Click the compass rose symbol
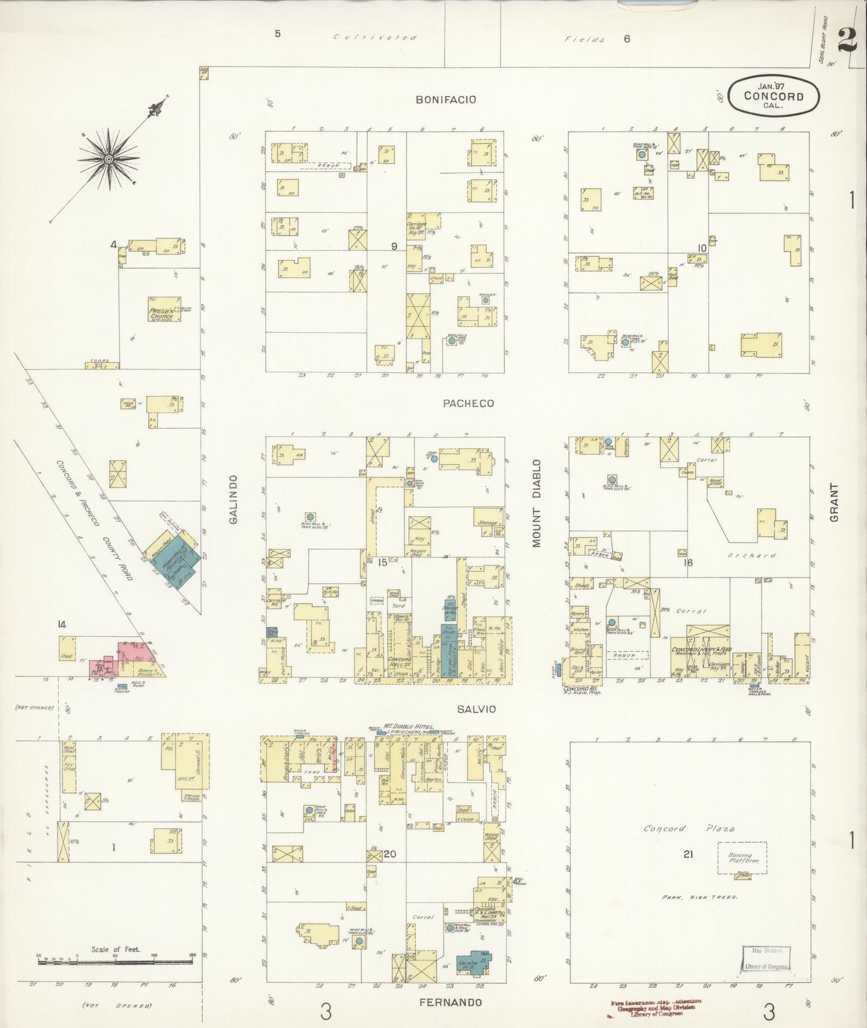109,158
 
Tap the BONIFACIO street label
446,100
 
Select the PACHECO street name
469,403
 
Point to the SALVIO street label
476,709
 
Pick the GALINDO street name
233,499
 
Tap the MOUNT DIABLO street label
536,504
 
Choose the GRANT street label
834,503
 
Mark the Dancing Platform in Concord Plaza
743,857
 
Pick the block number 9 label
394,246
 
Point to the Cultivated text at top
375,38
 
